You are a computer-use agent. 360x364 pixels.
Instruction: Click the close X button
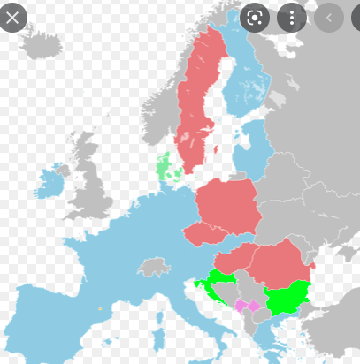coord(12,17)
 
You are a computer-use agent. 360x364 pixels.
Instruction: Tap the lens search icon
coord(254,17)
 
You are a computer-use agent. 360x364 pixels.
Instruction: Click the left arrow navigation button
coord(329,17)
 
